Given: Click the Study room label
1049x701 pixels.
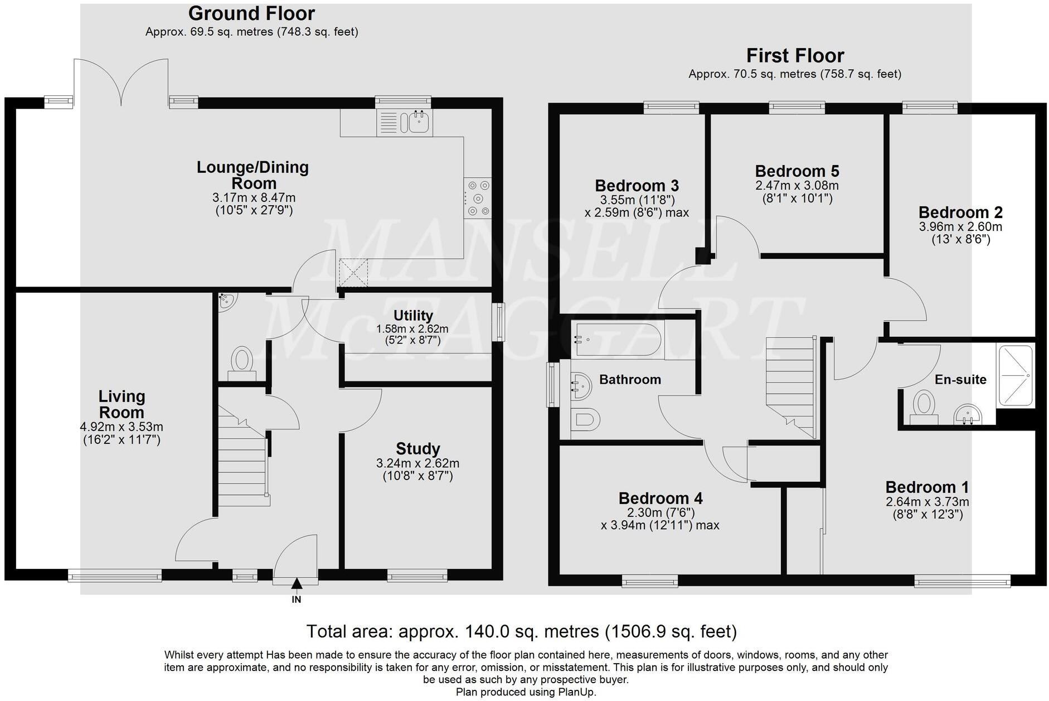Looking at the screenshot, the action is (418, 449).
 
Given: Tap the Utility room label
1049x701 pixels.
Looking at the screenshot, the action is (413, 316).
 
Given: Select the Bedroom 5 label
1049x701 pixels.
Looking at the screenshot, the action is (797, 171).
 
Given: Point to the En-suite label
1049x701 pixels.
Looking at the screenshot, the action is (960, 380).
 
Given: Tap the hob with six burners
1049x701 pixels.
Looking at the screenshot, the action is (478, 198).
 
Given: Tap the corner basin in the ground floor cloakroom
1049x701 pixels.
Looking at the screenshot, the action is (227, 301).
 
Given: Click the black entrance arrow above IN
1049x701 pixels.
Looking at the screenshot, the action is (297, 584).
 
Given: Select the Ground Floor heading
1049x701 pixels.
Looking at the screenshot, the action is (251, 13).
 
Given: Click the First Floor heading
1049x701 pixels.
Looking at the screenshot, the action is (795, 56).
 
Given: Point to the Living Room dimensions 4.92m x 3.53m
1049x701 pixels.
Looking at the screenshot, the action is (122, 427).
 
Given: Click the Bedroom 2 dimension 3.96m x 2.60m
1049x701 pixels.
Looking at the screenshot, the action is (960, 227).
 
